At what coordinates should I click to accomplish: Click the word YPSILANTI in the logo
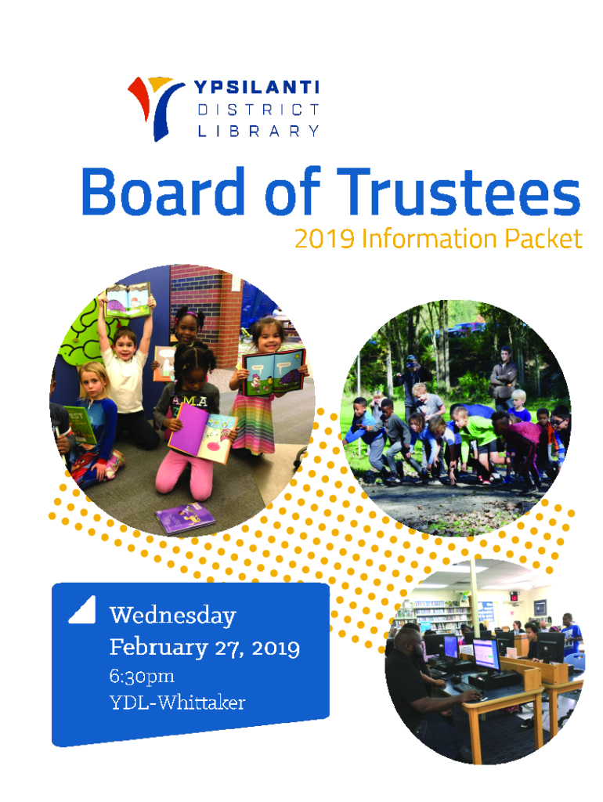(x=256, y=87)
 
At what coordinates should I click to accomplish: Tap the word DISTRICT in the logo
(x=258, y=110)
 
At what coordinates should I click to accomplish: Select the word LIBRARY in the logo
(x=258, y=131)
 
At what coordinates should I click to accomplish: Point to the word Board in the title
(x=163, y=192)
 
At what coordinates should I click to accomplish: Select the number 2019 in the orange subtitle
(x=324, y=239)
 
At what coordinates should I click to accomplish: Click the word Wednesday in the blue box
(x=173, y=616)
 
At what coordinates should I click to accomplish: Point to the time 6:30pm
(x=142, y=676)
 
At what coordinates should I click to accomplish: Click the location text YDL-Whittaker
(x=178, y=703)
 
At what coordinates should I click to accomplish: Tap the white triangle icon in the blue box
(x=83, y=609)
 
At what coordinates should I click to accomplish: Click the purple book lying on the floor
(x=185, y=518)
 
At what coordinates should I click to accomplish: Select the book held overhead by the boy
(x=128, y=302)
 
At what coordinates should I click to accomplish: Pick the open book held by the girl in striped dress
(x=273, y=371)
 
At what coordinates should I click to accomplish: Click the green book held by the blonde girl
(x=81, y=424)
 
